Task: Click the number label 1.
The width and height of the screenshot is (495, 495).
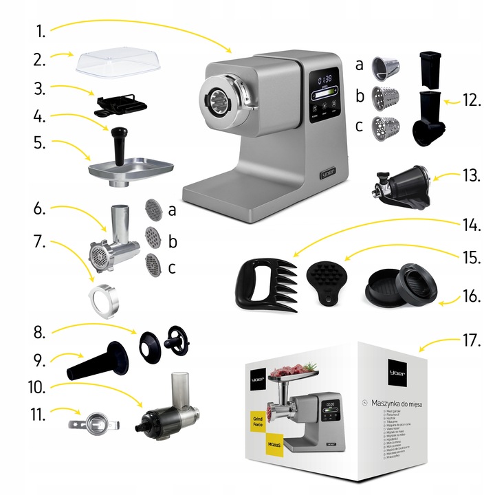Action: point(41,30)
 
